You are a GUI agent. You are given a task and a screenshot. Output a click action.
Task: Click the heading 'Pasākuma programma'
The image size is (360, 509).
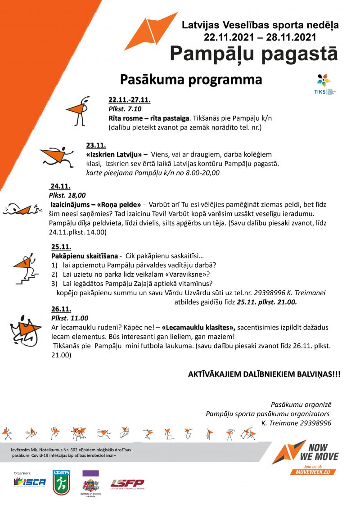click(191, 80)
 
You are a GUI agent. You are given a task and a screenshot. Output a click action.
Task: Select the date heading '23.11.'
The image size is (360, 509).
click(96, 145)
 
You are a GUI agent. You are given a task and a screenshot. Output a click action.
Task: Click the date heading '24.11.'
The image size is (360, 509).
click(60, 186)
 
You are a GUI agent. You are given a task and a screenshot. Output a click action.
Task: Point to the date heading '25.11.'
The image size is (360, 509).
click(61, 247)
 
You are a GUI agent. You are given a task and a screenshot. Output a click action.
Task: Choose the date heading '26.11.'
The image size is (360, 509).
click(61, 309)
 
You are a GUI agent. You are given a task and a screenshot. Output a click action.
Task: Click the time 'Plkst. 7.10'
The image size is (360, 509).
click(125, 108)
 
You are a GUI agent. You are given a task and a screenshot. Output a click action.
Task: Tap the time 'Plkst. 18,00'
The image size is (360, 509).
click(67, 195)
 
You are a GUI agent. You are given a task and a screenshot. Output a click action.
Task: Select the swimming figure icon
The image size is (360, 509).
click(22, 209)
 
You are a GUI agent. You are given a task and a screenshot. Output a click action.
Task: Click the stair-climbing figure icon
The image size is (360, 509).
click(24, 268)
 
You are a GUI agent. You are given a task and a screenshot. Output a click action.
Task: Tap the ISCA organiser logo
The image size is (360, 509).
click(30, 482)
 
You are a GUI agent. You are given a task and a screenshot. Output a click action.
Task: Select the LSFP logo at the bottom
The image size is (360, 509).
click(127, 484)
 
